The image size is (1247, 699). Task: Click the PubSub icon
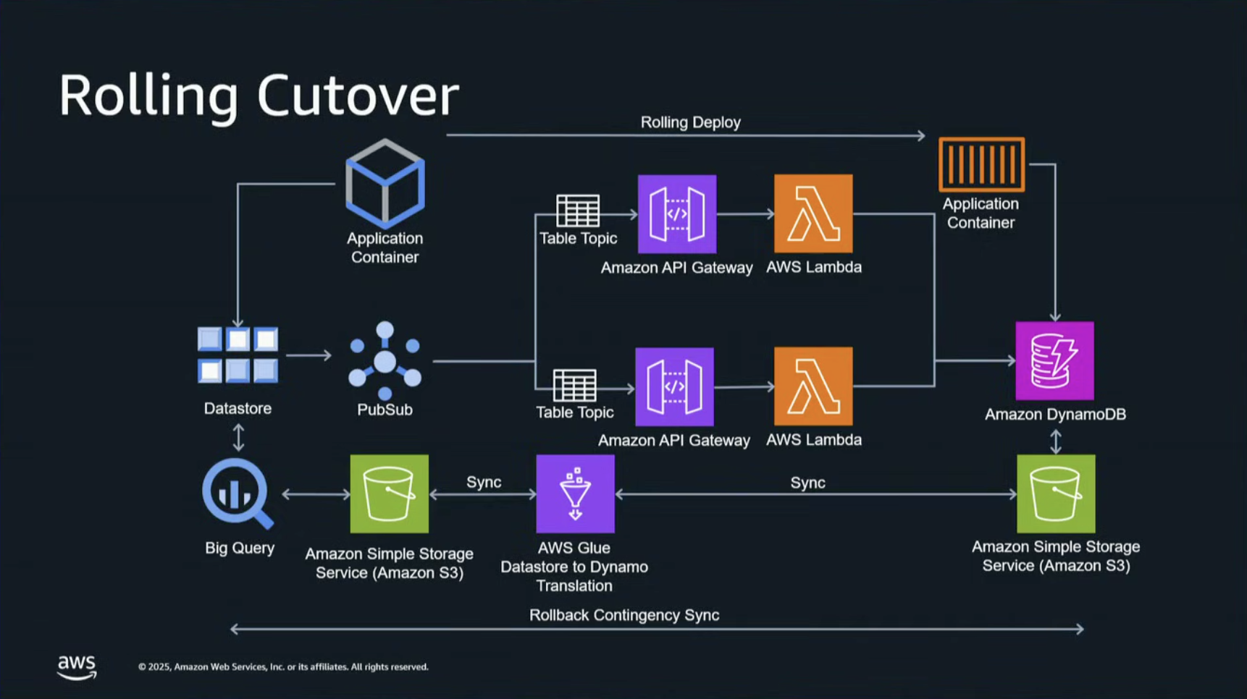pyautogui.click(x=385, y=360)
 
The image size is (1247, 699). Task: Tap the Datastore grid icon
pyautogui.click(x=238, y=355)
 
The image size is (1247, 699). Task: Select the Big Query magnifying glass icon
pyautogui.click(x=238, y=493)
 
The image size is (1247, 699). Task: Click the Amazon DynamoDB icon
pyautogui.click(x=1054, y=360)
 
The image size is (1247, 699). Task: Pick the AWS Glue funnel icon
pyautogui.click(x=575, y=493)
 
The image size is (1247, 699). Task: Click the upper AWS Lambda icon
pyautogui.click(x=813, y=213)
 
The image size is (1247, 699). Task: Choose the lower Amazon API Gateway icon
pyautogui.click(x=674, y=386)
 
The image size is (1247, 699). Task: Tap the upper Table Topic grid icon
pyautogui.click(x=578, y=211)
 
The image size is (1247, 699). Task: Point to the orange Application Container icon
pyautogui.click(x=981, y=164)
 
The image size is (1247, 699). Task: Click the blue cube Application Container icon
pyautogui.click(x=385, y=183)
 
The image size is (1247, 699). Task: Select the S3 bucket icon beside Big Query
pyautogui.click(x=389, y=493)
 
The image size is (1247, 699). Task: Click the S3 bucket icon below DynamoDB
pyautogui.click(x=1056, y=493)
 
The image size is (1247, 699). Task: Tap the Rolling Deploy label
pyautogui.click(x=690, y=122)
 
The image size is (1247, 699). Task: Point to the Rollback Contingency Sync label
pyautogui.click(x=624, y=615)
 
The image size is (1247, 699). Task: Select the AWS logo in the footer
pyautogui.click(x=77, y=667)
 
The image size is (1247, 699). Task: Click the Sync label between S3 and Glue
pyautogui.click(x=484, y=482)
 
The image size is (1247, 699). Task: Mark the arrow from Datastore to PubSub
pyautogui.click(x=309, y=355)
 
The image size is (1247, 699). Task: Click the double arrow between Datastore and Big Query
pyautogui.click(x=238, y=438)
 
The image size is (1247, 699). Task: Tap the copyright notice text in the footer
pyautogui.click(x=283, y=667)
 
